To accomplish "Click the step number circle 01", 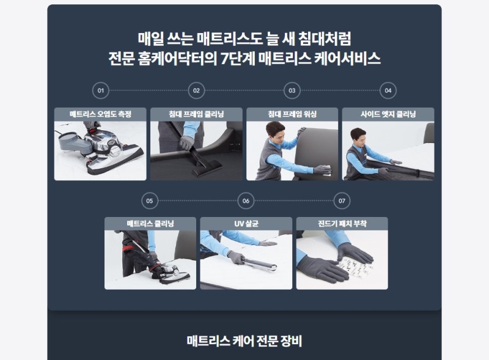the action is [x=100, y=90].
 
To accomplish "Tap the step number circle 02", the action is [x=196, y=90].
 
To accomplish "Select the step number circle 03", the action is [x=292, y=90].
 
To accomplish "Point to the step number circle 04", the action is [x=388, y=90].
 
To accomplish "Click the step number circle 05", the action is [x=150, y=200].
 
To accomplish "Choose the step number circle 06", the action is [x=246, y=200].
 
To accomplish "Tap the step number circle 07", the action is [x=342, y=200].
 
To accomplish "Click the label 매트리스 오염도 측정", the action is [x=100, y=114].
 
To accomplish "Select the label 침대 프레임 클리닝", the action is [x=196, y=114].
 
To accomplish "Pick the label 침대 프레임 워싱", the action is [x=292, y=114].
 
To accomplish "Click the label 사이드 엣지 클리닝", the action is [x=388, y=114].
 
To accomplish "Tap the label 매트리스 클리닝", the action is [x=150, y=224].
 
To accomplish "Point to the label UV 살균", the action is [x=246, y=224].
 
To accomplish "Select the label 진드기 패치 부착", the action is [x=342, y=224].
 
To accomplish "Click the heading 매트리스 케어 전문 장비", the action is [x=244, y=341].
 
